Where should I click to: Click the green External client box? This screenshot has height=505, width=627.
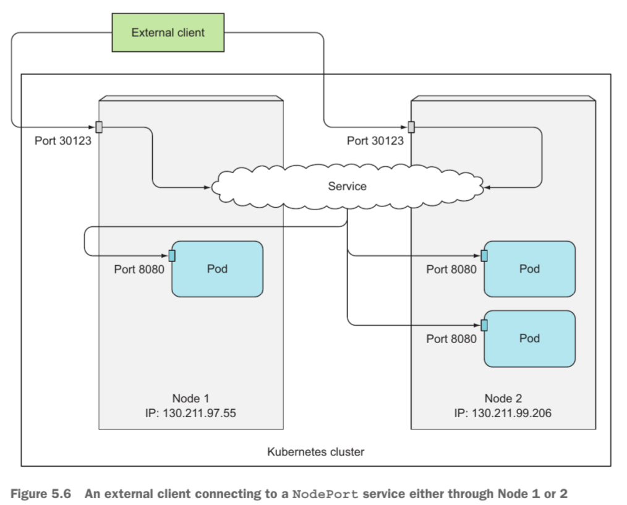click(x=168, y=32)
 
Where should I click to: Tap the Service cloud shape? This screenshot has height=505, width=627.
click(x=347, y=186)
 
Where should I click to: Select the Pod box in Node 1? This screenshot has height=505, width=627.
click(x=218, y=269)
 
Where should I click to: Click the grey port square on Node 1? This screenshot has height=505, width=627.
click(x=99, y=127)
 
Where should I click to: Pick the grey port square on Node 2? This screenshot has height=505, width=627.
click(x=411, y=127)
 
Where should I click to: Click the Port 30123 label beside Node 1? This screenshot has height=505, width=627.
click(x=63, y=141)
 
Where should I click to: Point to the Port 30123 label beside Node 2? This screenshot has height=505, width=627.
click(x=375, y=141)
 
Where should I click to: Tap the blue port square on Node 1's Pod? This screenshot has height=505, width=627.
click(x=172, y=255)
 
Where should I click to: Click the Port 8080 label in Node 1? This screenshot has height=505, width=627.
click(x=139, y=269)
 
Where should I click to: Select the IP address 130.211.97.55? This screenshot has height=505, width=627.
click(x=200, y=413)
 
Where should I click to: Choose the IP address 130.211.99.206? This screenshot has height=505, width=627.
click(x=511, y=413)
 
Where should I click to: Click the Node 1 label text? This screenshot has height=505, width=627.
click(x=190, y=398)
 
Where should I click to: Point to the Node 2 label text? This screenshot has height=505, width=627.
click(x=503, y=398)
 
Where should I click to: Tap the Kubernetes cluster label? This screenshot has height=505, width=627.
click(x=315, y=452)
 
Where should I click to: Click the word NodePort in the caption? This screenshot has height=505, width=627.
click(x=325, y=494)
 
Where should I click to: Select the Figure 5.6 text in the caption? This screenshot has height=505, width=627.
click(x=41, y=494)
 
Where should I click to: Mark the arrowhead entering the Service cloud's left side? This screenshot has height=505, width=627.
click(x=207, y=187)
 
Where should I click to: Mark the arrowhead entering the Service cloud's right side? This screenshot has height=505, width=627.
click(x=487, y=187)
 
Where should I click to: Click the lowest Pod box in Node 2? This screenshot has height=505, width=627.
click(x=529, y=339)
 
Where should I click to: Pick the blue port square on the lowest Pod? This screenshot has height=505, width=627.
click(x=484, y=325)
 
